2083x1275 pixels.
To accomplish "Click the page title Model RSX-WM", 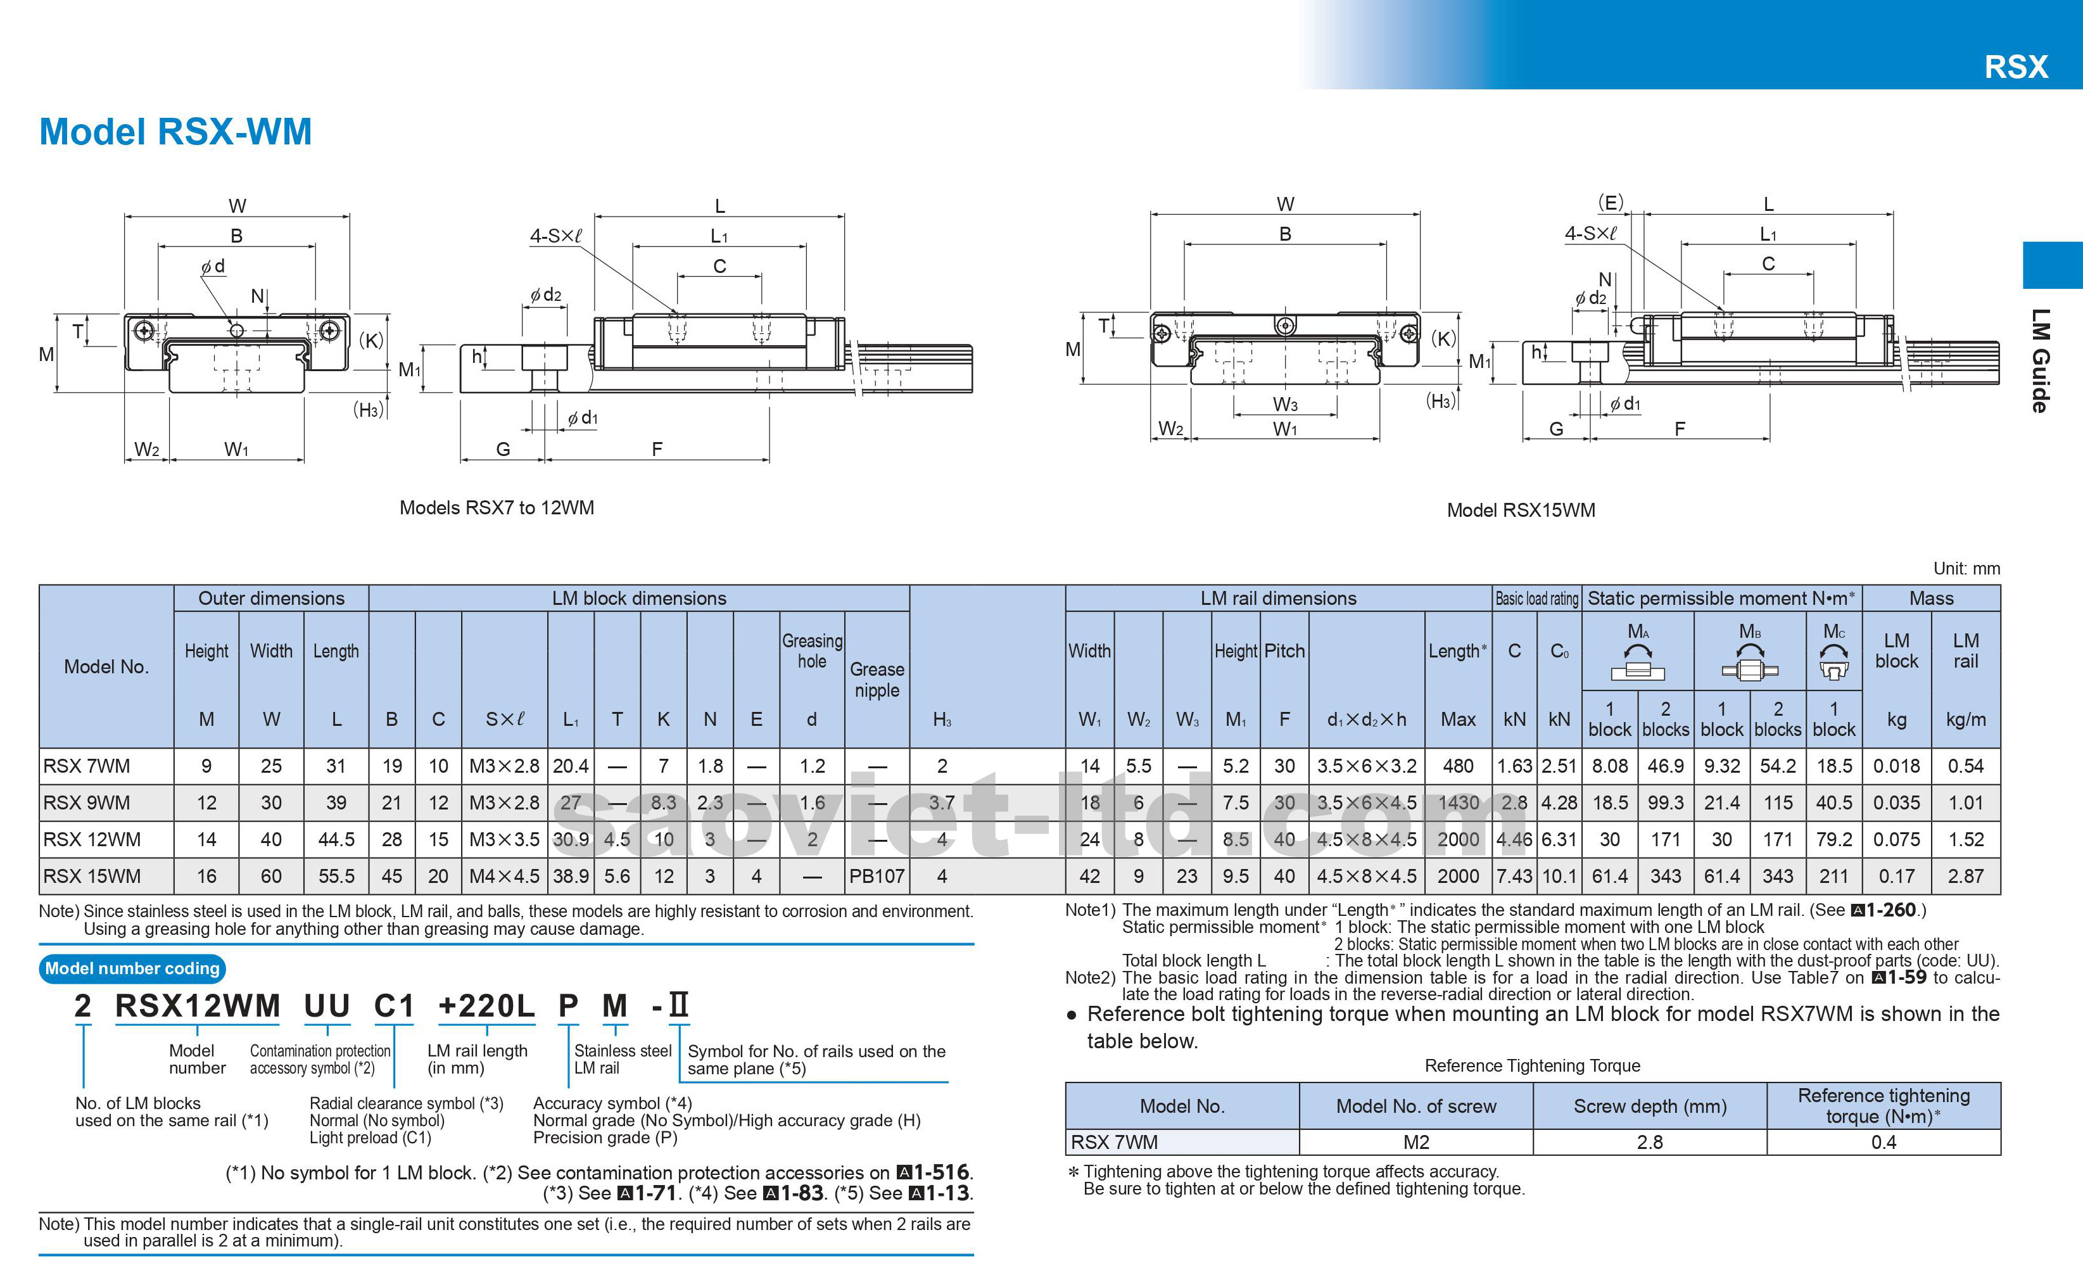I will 176,132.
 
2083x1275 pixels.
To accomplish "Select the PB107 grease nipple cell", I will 877,877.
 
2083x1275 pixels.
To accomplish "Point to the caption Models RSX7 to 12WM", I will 497,508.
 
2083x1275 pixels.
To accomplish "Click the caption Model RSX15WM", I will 1521,511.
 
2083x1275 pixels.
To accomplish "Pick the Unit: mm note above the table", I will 1966,569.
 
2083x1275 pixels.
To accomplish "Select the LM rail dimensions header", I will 1277,599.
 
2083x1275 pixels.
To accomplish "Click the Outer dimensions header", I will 270,599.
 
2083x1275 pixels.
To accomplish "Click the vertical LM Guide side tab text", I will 2040,361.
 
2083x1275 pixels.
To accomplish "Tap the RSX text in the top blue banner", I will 2017,67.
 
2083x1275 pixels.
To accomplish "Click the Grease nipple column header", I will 877,680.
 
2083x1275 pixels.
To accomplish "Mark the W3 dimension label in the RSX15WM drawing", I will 1285,404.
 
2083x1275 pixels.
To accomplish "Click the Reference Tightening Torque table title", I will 1532,1066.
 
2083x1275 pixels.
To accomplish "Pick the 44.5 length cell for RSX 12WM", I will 336,840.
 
